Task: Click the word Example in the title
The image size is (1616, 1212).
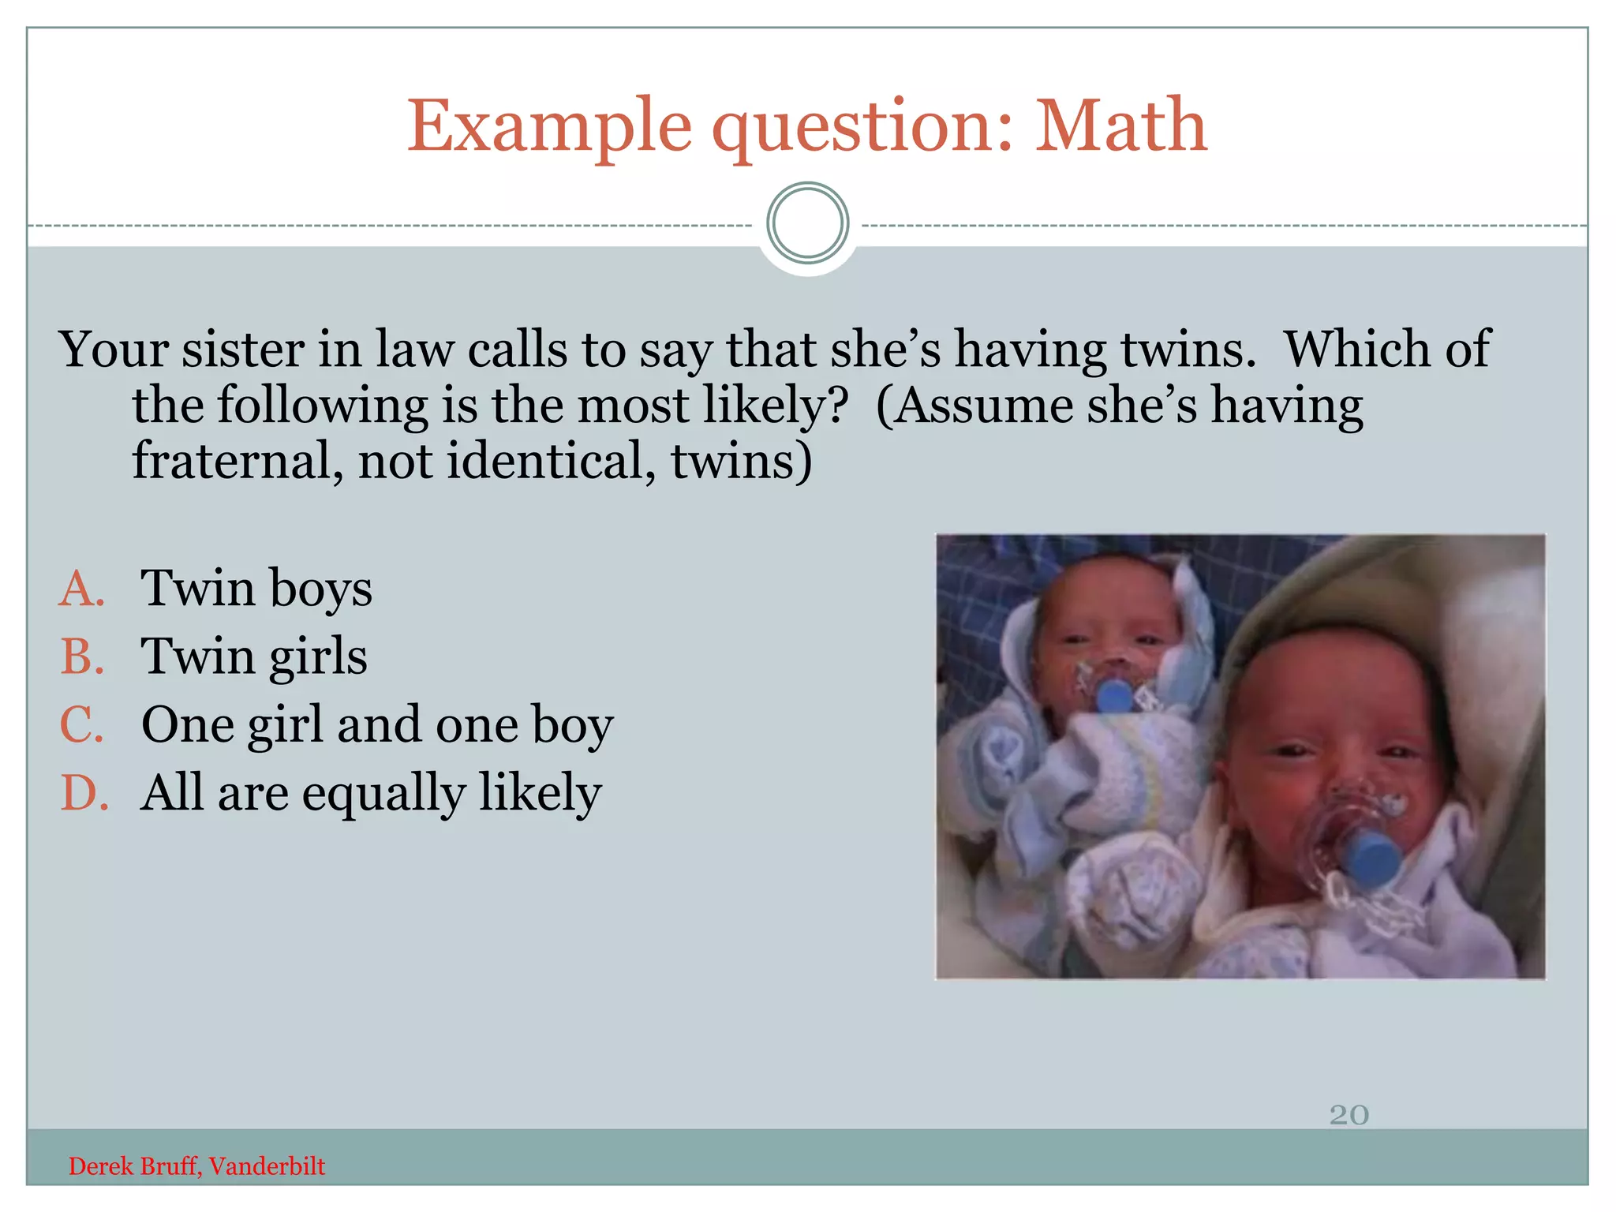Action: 550,126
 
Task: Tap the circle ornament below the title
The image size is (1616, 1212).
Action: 807,223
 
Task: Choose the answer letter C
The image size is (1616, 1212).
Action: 82,724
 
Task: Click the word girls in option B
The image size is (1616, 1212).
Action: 317,657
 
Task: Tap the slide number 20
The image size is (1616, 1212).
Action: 1349,1114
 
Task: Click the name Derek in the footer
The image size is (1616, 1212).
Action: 99,1166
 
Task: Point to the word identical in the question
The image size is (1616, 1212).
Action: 551,461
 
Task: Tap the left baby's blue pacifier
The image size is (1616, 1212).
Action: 1113,696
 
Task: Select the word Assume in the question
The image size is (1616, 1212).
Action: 982,406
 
